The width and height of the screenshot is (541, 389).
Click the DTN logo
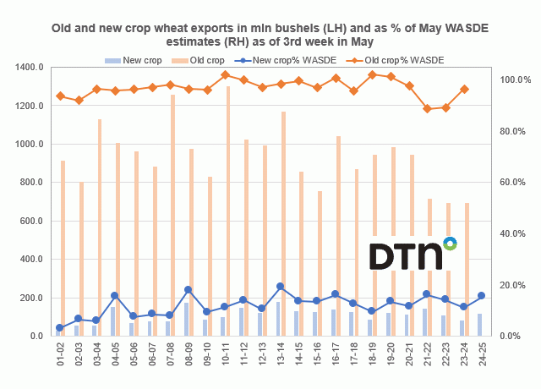pos(413,255)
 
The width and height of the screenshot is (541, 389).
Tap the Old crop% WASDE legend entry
pos(401,60)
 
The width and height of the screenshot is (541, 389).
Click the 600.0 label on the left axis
pos(30,221)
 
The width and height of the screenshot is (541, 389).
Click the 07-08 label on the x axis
pos(172,354)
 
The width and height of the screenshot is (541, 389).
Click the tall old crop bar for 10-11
pos(228,211)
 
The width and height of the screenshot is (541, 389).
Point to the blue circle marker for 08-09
pos(188,290)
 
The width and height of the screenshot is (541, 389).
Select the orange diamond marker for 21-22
pos(428,109)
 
